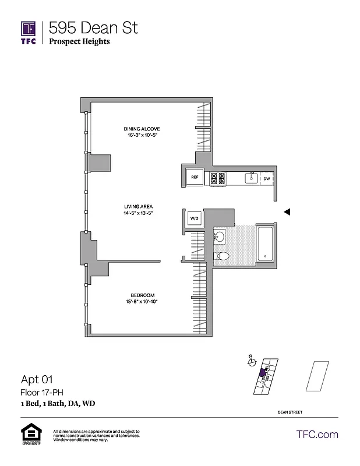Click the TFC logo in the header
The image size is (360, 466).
[29, 33]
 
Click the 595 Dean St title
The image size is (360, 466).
[94, 27]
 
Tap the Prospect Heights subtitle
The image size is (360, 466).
[79, 41]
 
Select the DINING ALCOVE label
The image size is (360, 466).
[142, 129]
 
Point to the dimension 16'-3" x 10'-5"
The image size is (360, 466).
[142, 135]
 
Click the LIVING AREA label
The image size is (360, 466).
[138, 207]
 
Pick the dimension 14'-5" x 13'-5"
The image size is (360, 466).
[138, 213]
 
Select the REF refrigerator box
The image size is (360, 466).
[195, 178]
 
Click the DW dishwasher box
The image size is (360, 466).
[266, 178]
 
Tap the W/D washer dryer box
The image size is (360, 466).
[194, 218]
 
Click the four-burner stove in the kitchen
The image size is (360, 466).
[218, 178]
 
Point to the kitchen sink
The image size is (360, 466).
[252, 178]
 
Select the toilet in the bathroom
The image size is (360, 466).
[223, 256]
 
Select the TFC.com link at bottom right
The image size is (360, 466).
[317, 434]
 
